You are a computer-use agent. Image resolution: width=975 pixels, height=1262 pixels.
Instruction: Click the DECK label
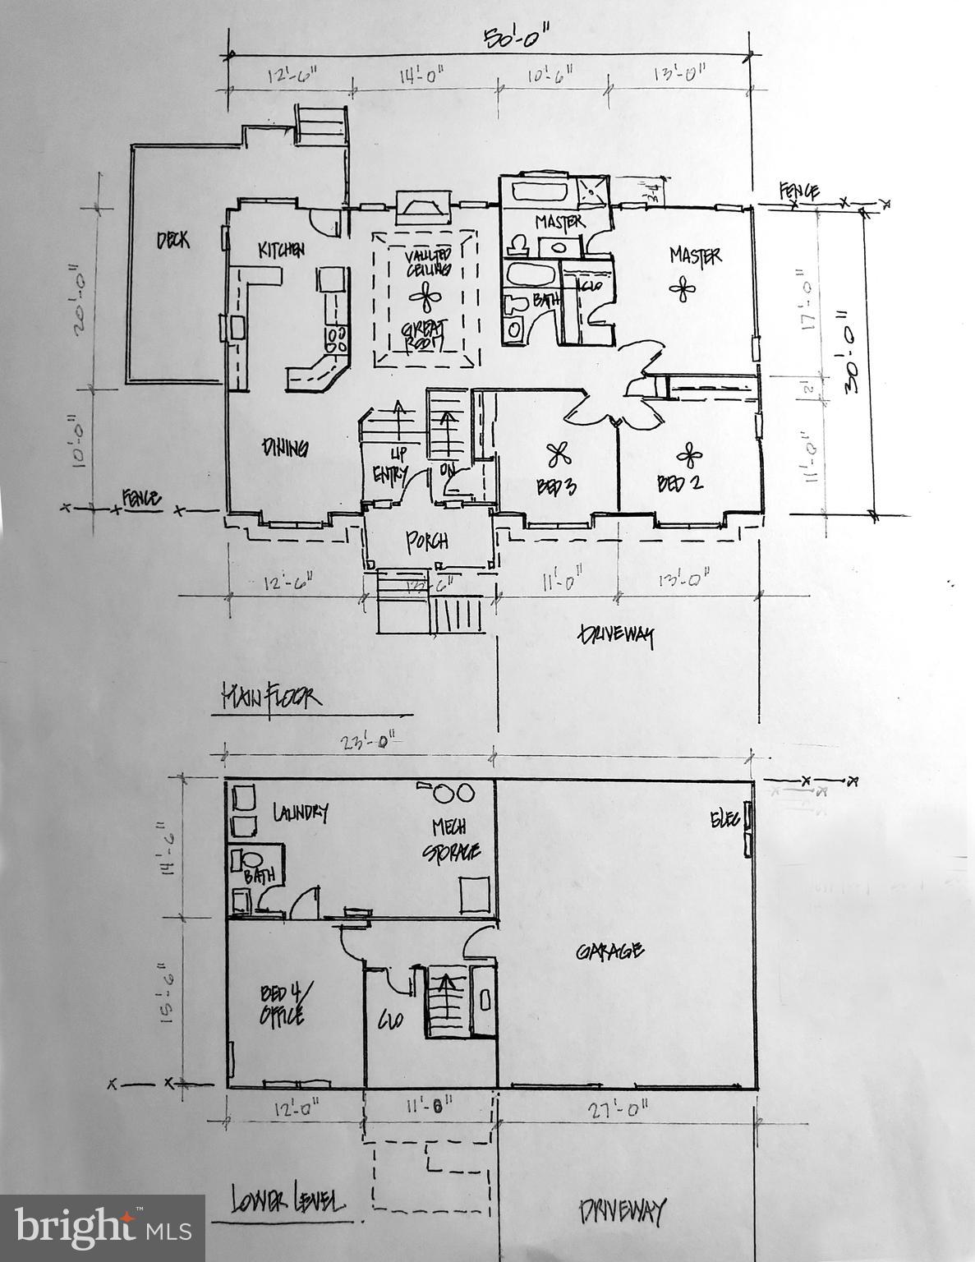point(172,240)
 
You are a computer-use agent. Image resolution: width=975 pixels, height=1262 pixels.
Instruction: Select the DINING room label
point(284,449)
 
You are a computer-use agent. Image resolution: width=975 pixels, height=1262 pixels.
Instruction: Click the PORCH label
point(428,541)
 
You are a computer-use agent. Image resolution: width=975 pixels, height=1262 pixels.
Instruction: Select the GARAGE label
point(609,951)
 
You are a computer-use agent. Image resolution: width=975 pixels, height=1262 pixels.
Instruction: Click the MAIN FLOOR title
point(270,698)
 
